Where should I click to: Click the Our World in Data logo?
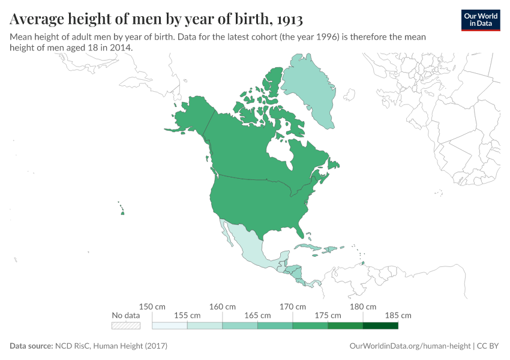point(480,19)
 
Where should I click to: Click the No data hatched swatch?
point(125,326)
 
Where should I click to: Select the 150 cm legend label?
point(152,307)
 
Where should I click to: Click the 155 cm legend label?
point(187,316)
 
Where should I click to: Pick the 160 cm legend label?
point(222,307)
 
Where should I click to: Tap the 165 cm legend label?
point(257,316)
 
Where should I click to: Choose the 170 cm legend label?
point(292,307)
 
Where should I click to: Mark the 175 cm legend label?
point(328,316)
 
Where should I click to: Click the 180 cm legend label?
point(362,307)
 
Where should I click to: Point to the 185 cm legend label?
point(398,316)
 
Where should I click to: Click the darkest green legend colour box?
point(380,326)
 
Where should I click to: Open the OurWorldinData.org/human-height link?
point(410,346)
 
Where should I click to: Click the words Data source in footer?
point(31,346)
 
